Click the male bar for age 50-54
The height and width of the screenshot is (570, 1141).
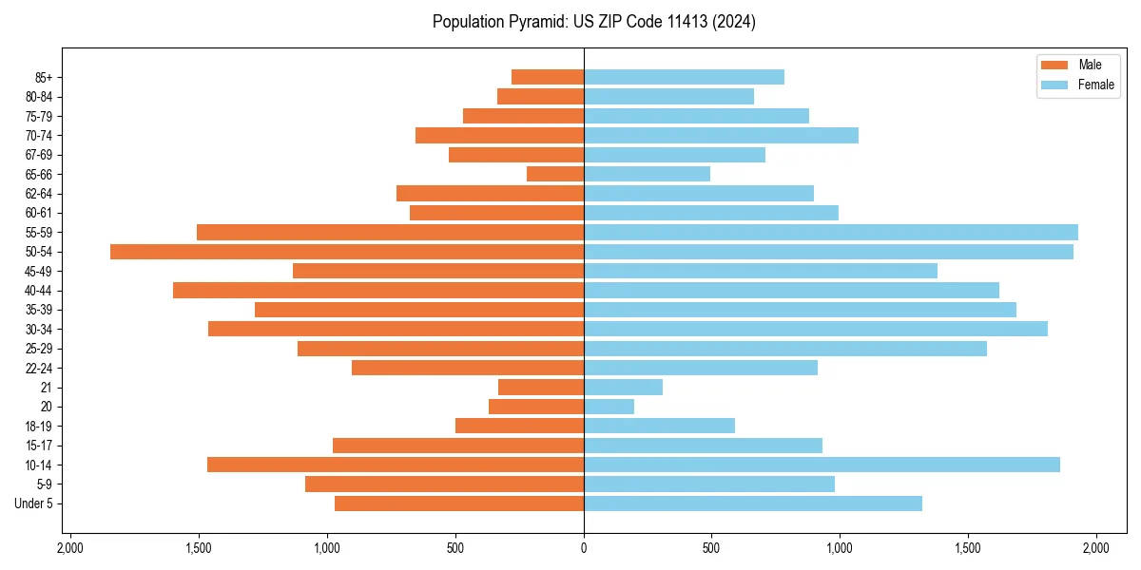coord(347,252)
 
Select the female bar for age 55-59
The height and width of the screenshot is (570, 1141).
coord(831,232)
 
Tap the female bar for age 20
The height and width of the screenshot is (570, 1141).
coord(609,407)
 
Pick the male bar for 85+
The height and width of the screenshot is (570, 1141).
coord(548,77)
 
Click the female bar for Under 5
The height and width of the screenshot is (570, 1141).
coord(753,503)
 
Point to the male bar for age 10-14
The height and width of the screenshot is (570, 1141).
coord(396,465)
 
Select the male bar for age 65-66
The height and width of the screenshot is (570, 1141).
coord(555,174)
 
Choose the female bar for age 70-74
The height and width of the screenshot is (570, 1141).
coord(721,135)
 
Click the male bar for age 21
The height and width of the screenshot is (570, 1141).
coord(541,388)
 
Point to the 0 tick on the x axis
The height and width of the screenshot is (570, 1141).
coord(584,549)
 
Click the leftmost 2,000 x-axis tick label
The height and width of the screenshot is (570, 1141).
coord(70,549)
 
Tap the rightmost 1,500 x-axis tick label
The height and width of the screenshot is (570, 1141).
coord(968,549)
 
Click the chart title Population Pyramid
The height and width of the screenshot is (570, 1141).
coord(594,22)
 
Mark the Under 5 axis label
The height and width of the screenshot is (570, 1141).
coord(33,503)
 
